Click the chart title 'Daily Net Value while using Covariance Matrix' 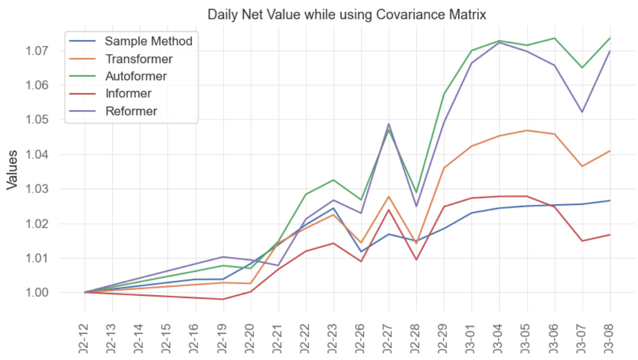pyautogui.click(x=347, y=15)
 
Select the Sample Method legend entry pyautogui.click(x=148, y=41)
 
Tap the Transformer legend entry pyautogui.click(x=139, y=59)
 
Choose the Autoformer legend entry pyautogui.click(x=136, y=76)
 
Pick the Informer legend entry pyautogui.click(x=128, y=93)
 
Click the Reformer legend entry pyautogui.click(x=131, y=111)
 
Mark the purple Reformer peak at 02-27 pyautogui.click(x=388, y=124)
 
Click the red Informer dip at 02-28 pyautogui.click(x=416, y=260)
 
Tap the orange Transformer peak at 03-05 pyautogui.click(x=527, y=131)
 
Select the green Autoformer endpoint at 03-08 pyautogui.click(x=610, y=39)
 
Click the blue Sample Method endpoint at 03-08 pyautogui.click(x=610, y=200)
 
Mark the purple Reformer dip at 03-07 pyautogui.click(x=582, y=112)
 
